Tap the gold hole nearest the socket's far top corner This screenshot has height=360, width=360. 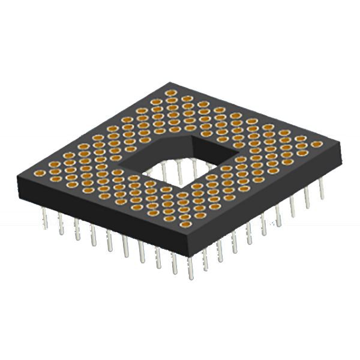[x=172, y=94]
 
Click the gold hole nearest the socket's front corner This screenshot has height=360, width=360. [x=185, y=224]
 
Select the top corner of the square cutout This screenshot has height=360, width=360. [x=191, y=136]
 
